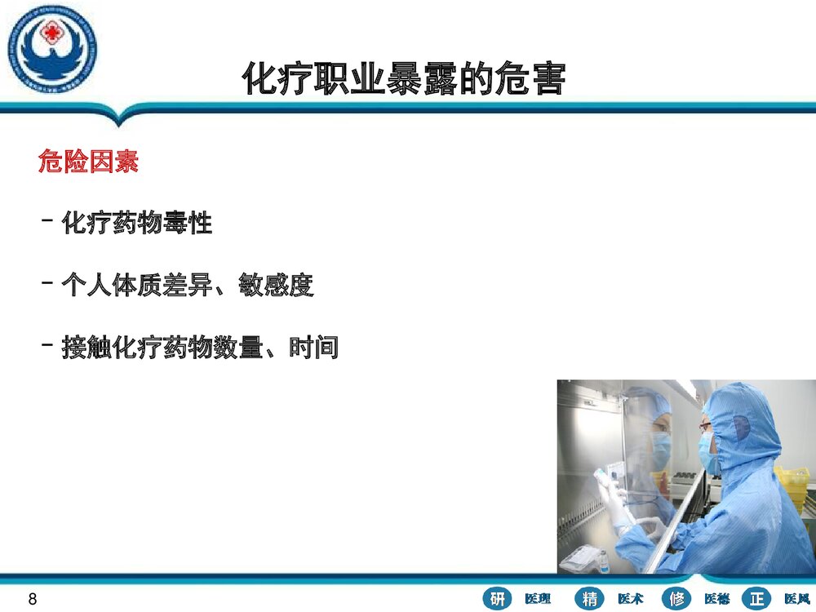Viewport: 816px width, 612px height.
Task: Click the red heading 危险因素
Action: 88,161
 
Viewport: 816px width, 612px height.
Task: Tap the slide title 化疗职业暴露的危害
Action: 403,79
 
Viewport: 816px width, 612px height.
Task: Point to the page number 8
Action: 33,600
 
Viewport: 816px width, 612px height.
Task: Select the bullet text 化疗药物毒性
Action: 137,222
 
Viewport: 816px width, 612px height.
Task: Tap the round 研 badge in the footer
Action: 497,598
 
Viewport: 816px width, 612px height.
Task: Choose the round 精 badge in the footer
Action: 590,598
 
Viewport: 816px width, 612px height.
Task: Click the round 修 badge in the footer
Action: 677,598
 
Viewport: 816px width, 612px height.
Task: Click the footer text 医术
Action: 630,599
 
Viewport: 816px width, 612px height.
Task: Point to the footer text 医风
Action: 796,599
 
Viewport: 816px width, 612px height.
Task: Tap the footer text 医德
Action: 716,599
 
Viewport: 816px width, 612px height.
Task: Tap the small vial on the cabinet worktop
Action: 602,561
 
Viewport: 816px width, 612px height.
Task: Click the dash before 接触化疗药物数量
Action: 47,346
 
